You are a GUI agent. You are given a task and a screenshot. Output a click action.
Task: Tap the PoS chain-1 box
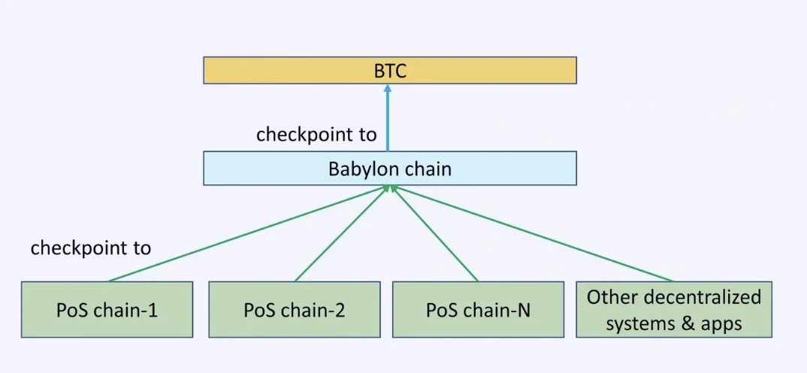click(x=107, y=309)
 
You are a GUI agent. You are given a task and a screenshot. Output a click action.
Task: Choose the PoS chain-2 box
click(x=294, y=309)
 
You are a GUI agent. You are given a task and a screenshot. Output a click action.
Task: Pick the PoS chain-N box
click(x=478, y=309)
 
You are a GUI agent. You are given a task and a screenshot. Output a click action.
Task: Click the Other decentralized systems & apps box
click(x=674, y=309)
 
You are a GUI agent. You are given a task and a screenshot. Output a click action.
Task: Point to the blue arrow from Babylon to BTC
click(x=388, y=120)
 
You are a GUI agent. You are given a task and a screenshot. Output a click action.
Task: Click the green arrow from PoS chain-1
click(x=248, y=234)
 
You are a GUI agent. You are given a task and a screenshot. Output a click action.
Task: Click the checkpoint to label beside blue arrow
click(x=316, y=135)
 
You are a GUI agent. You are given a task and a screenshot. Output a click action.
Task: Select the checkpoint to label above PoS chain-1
click(x=90, y=247)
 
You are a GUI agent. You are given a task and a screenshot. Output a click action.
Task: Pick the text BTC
click(x=390, y=71)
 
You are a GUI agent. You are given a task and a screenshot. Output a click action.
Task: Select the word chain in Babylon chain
click(x=428, y=168)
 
